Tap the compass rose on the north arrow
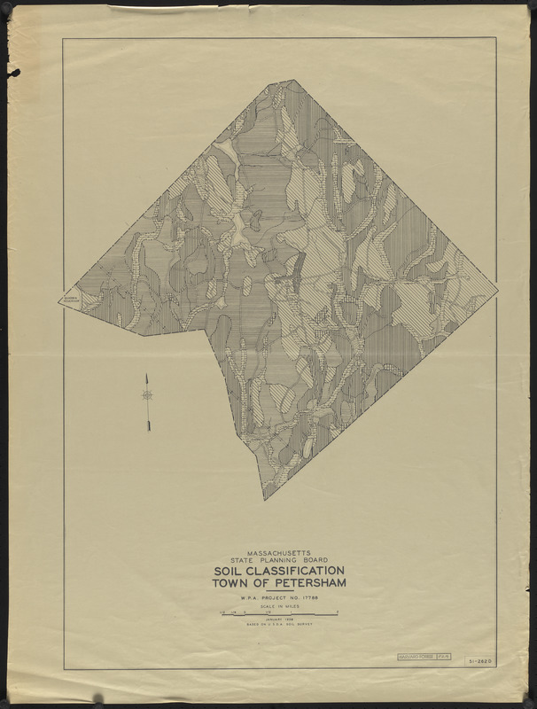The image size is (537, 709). point(148,394)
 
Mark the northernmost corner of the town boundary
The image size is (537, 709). point(293,80)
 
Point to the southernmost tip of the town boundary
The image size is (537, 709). point(264,500)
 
